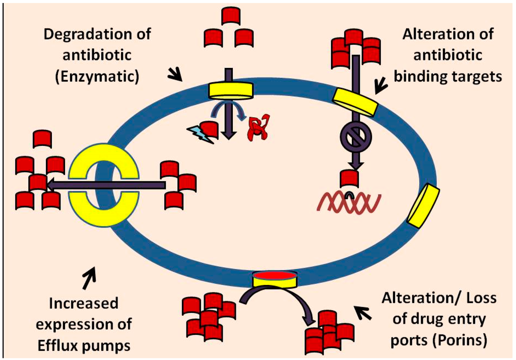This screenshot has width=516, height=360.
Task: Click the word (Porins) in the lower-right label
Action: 460,340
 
